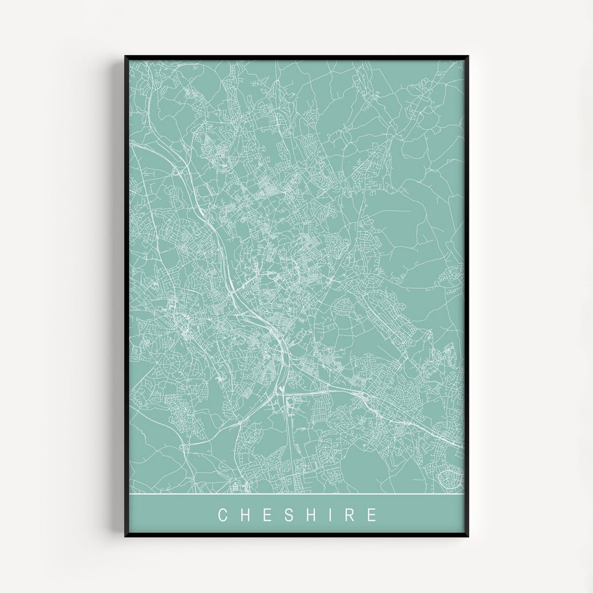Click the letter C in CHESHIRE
[222, 515]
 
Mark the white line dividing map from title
[296, 494]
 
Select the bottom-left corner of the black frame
[126, 535]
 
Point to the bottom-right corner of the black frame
[467, 535]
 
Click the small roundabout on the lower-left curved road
[187, 447]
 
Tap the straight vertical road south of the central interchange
[287, 434]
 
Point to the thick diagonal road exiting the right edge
[439, 434]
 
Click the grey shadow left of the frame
[119, 296]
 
